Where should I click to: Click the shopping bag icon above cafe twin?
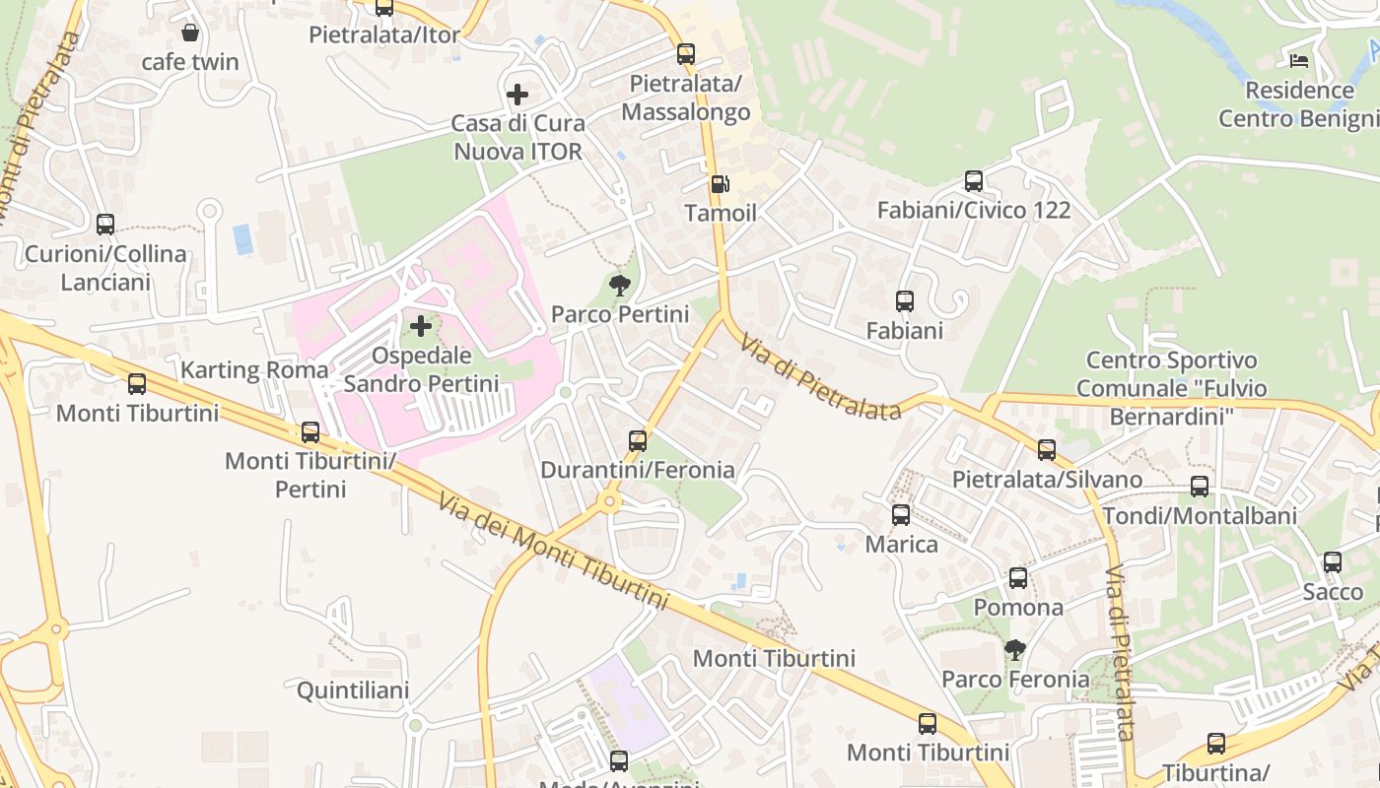pos(190,33)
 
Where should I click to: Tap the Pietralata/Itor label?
pos(384,35)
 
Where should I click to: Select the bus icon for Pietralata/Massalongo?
pos(686,54)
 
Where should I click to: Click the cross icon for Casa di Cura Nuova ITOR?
pos(517,95)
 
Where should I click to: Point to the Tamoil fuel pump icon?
pos(721,184)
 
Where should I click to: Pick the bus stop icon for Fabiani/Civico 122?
pos(974,180)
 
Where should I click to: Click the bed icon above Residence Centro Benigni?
pos(1299,60)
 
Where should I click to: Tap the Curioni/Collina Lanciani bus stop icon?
pos(105,225)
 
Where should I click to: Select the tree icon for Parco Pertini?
pos(620,286)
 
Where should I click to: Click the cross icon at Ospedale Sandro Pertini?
pos(421,325)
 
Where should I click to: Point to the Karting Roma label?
pos(254,370)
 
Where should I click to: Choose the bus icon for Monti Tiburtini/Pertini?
pos(310,431)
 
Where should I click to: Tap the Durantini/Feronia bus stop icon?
pos(638,440)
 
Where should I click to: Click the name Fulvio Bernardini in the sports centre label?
pos(1172,403)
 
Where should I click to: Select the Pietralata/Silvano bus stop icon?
pos(1047,450)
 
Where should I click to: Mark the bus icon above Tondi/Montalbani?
pos(1200,486)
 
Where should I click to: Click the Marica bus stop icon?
pos(901,514)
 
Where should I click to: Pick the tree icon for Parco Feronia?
pos(1014,649)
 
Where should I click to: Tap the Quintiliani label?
pos(353,690)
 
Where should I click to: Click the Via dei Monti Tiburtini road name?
pos(554,552)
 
